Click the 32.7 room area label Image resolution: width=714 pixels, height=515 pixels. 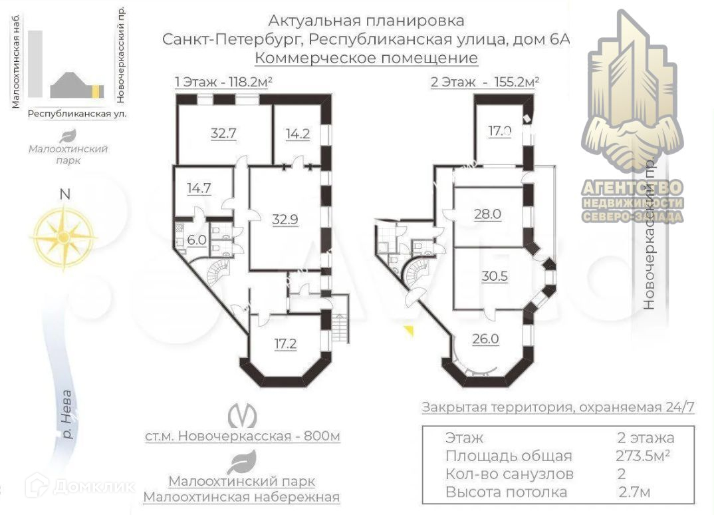223,132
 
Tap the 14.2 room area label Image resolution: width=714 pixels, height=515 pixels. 297,132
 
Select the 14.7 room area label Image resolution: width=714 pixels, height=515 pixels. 198,188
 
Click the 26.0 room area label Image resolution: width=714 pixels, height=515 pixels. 486,339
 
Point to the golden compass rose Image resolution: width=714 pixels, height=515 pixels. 63,236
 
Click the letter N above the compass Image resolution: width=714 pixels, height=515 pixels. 64,195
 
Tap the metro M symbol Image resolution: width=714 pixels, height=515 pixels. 243,415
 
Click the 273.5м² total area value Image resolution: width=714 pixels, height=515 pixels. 643,456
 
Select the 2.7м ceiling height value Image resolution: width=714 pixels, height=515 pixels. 634,492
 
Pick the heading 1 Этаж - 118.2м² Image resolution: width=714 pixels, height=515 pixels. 224,83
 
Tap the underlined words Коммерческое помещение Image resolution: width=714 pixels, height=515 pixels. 366,59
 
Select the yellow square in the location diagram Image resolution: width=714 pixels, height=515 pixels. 97,91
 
